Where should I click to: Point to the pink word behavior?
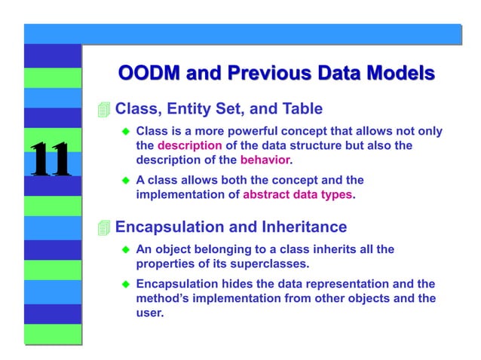(x=265, y=160)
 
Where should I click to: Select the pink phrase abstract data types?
(x=298, y=194)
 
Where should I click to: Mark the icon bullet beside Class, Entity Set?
(x=104, y=110)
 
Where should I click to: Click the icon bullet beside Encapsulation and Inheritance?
(x=104, y=227)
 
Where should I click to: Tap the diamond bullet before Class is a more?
(x=127, y=132)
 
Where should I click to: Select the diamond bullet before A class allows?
(x=127, y=181)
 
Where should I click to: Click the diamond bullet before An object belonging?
(x=127, y=249)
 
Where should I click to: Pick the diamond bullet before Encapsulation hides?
(x=127, y=284)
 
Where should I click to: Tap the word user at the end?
(x=149, y=313)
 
